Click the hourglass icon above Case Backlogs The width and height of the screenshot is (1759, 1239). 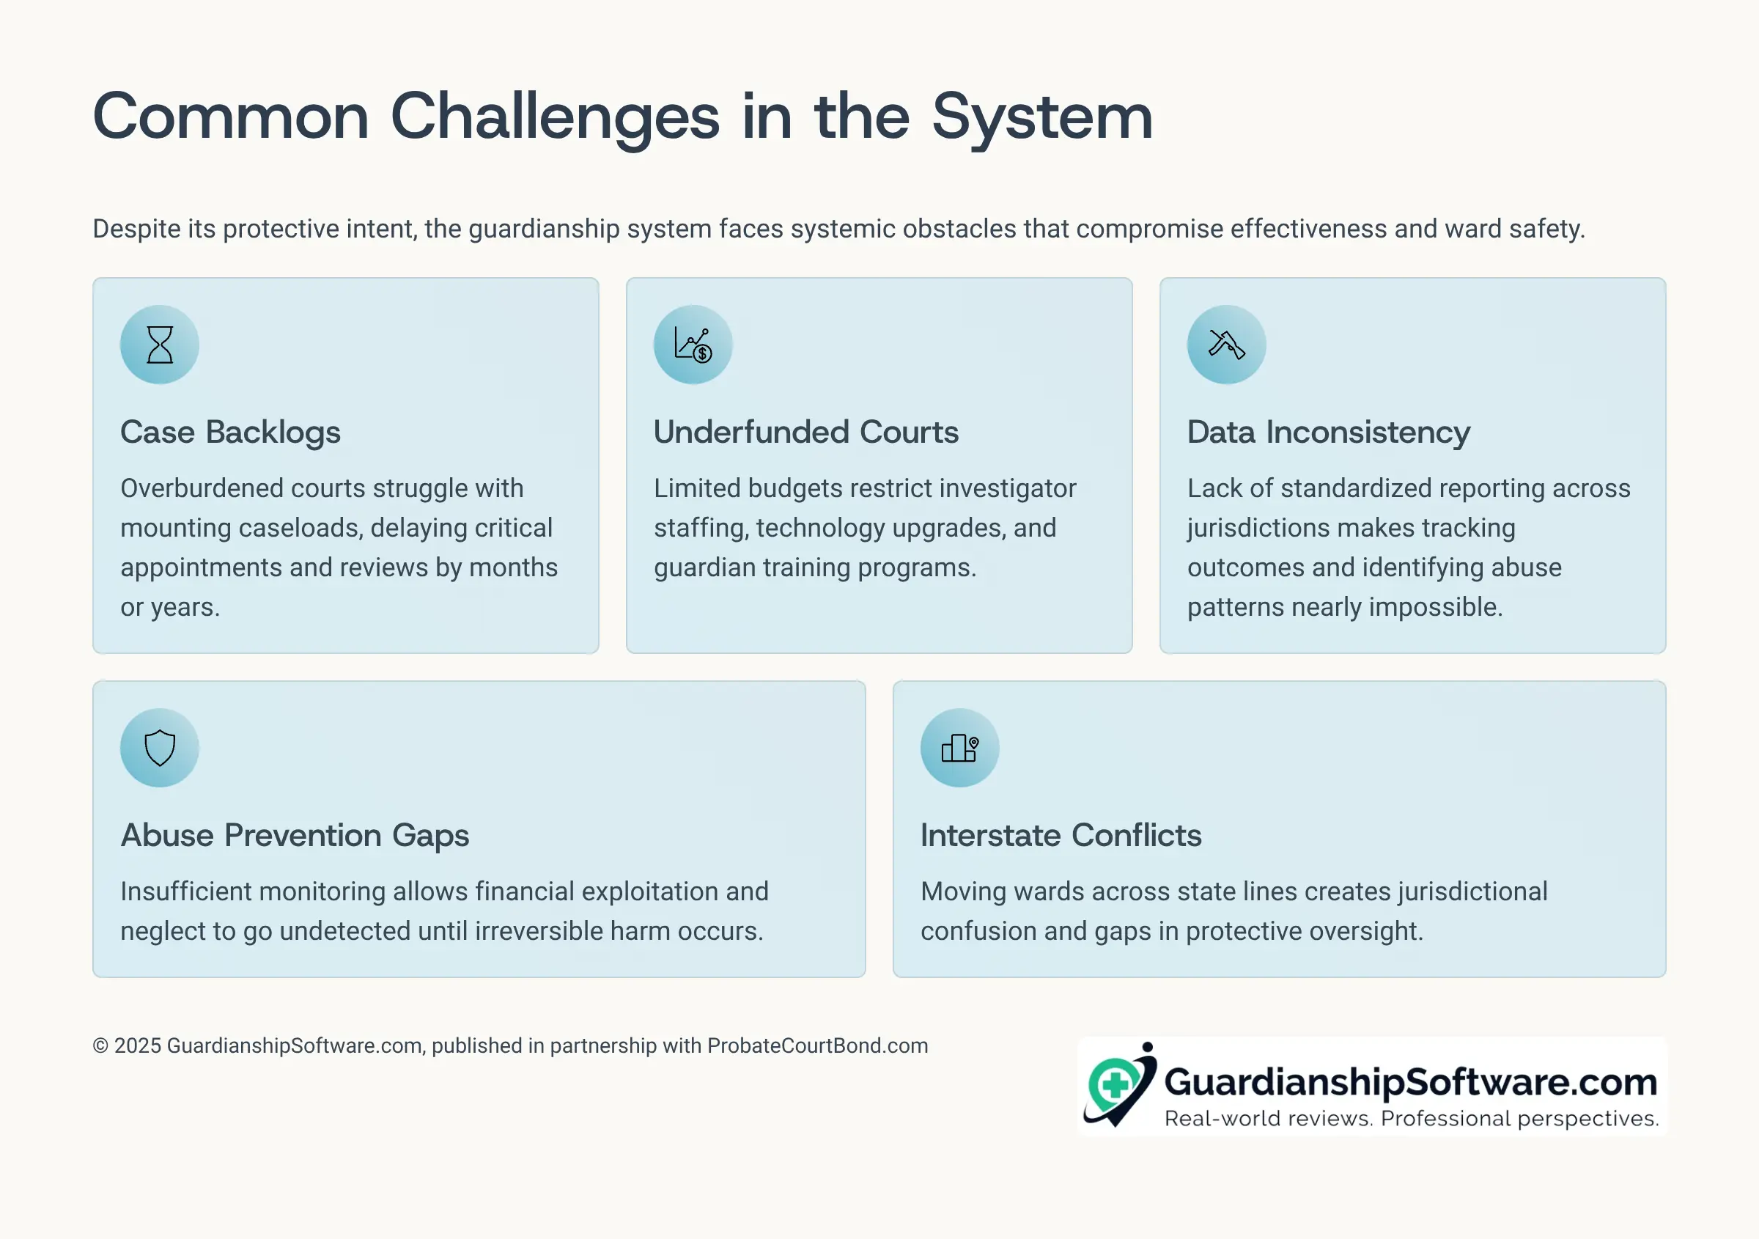[x=159, y=345]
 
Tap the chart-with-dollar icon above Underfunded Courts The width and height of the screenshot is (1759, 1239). [x=693, y=345]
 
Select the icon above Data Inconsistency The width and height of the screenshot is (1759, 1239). [x=1227, y=345]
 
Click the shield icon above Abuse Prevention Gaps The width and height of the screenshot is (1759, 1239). [x=159, y=748]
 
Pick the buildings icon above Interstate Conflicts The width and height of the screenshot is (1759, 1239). [x=960, y=748]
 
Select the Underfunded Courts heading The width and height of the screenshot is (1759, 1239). [x=806, y=432]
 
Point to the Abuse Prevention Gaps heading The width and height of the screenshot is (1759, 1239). [x=295, y=836]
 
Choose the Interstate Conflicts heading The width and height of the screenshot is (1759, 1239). [x=1061, y=835]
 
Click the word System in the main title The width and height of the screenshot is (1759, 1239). [x=1043, y=118]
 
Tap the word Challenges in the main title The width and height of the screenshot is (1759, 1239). [x=556, y=118]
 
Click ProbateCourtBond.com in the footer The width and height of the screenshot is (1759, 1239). [x=817, y=1046]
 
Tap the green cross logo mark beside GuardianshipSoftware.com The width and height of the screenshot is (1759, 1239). [x=1115, y=1084]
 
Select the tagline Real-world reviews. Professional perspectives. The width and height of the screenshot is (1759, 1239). [x=1412, y=1119]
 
